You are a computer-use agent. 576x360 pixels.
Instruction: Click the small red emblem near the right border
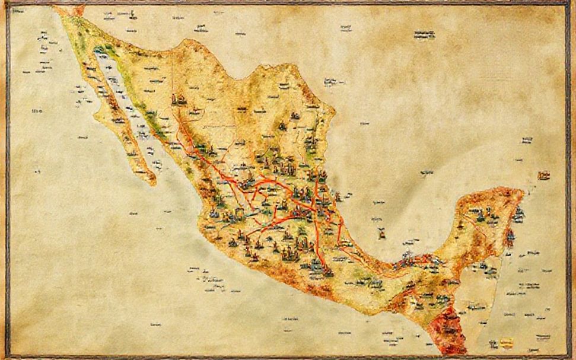click(x=543, y=176)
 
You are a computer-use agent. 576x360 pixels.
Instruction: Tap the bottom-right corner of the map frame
click(x=570, y=356)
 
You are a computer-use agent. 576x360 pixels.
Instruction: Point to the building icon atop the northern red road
click(x=177, y=99)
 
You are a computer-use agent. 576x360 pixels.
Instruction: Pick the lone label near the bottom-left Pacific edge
click(x=156, y=325)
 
